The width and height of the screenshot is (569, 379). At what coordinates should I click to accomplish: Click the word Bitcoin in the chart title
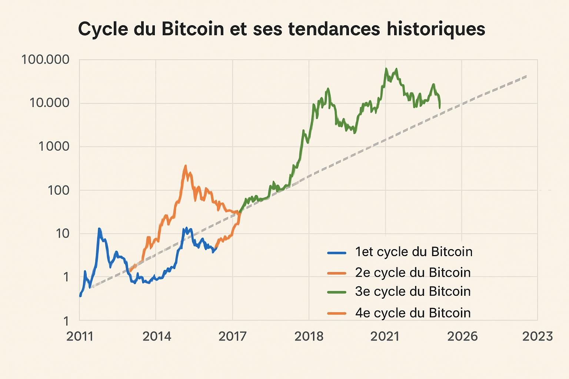tap(193, 29)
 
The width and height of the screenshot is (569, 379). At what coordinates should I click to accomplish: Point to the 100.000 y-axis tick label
tap(45, 60)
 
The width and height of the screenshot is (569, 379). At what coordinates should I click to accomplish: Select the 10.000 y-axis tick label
tap(49, 103)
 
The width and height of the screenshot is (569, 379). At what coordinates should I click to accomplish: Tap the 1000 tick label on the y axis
tap(54, 147)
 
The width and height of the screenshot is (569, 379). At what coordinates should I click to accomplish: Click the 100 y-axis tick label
tap(59, 190)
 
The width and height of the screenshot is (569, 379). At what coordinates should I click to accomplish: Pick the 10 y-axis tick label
tap(62, 234)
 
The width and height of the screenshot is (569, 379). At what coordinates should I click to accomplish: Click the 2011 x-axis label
tap(80, 336)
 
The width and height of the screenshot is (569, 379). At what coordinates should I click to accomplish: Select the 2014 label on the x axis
tap(157, 336)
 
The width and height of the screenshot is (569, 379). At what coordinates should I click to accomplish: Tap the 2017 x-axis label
tap(233, 336)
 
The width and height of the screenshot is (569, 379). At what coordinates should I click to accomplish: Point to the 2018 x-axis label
tap(309, 336)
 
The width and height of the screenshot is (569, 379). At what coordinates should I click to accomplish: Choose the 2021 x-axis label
tap(385, 336)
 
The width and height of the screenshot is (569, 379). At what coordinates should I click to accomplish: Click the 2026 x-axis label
tap(462, 336)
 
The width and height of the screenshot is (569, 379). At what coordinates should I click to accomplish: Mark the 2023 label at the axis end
tap(538, 336)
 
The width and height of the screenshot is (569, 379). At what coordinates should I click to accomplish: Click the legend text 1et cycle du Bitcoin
tap(413, 252)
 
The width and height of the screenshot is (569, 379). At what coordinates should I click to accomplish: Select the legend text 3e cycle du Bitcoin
tap(413, 292)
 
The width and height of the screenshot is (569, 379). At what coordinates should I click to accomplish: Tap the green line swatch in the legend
tap(337, 292)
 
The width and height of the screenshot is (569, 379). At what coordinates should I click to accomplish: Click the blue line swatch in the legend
tap(337, 253)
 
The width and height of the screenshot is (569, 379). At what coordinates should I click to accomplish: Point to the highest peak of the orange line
tap(186, 166)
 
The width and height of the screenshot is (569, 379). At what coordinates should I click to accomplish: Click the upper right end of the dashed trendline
tap(526, 76)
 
